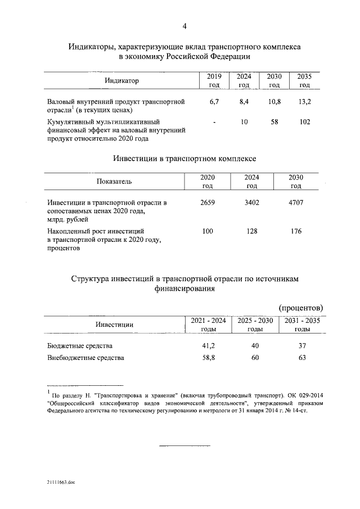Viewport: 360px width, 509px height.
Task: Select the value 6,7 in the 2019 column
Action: point(213,101)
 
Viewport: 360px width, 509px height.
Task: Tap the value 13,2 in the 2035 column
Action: point(304,101)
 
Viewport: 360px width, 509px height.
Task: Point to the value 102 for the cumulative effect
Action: point(304,121)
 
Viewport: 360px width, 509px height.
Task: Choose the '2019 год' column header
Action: point(214,80)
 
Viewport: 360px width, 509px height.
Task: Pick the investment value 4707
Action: point(295,202)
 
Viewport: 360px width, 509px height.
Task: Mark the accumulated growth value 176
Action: point(295,231)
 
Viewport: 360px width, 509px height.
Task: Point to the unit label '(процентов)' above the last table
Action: point(300,308)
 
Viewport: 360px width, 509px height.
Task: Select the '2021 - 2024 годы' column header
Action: point(208,325)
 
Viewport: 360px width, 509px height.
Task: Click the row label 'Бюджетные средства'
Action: point(80,345)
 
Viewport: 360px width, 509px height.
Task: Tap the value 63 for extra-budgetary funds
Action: point(301,357)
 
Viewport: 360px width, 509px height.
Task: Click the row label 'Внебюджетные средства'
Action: point(85,357)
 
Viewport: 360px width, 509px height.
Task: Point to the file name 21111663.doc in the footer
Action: point(61,483)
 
